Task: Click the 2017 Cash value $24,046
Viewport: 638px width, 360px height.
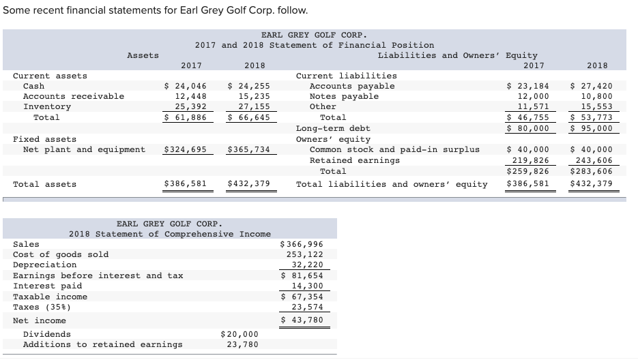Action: point(186,86)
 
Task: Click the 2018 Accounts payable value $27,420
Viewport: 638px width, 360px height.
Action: point(591,86)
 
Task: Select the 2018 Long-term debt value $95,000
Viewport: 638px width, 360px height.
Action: point(591,128)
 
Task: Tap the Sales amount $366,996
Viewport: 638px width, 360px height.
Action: point(302,244)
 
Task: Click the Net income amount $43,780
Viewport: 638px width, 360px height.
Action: point(302,320)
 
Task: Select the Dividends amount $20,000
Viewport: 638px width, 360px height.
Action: point(240,334)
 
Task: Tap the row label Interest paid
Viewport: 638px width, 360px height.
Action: point(47,286)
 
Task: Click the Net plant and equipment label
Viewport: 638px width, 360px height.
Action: point(84,149)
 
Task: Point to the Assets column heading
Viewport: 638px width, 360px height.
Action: point(143,55)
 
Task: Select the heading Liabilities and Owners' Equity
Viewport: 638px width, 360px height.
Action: point(457,55)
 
